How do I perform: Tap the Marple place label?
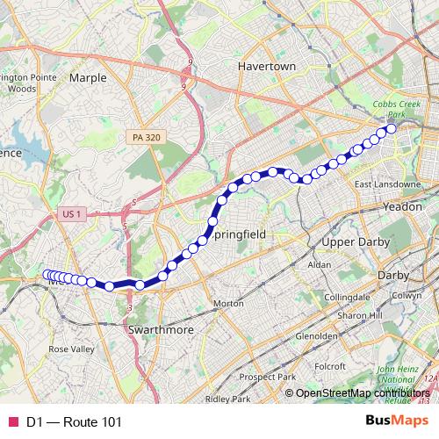tap(87, 77)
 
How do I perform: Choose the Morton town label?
tap(228, 303)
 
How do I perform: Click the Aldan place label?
tap(320, 264)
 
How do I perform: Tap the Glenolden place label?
tap(317, 335)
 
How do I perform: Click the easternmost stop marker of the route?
tap(391, 129)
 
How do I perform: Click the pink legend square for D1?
tap(12, 422)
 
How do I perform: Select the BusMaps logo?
tap(396, 421)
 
